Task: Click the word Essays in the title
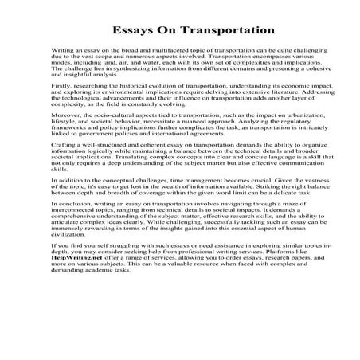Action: pos(119,30)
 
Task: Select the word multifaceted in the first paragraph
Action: pos(170,51)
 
